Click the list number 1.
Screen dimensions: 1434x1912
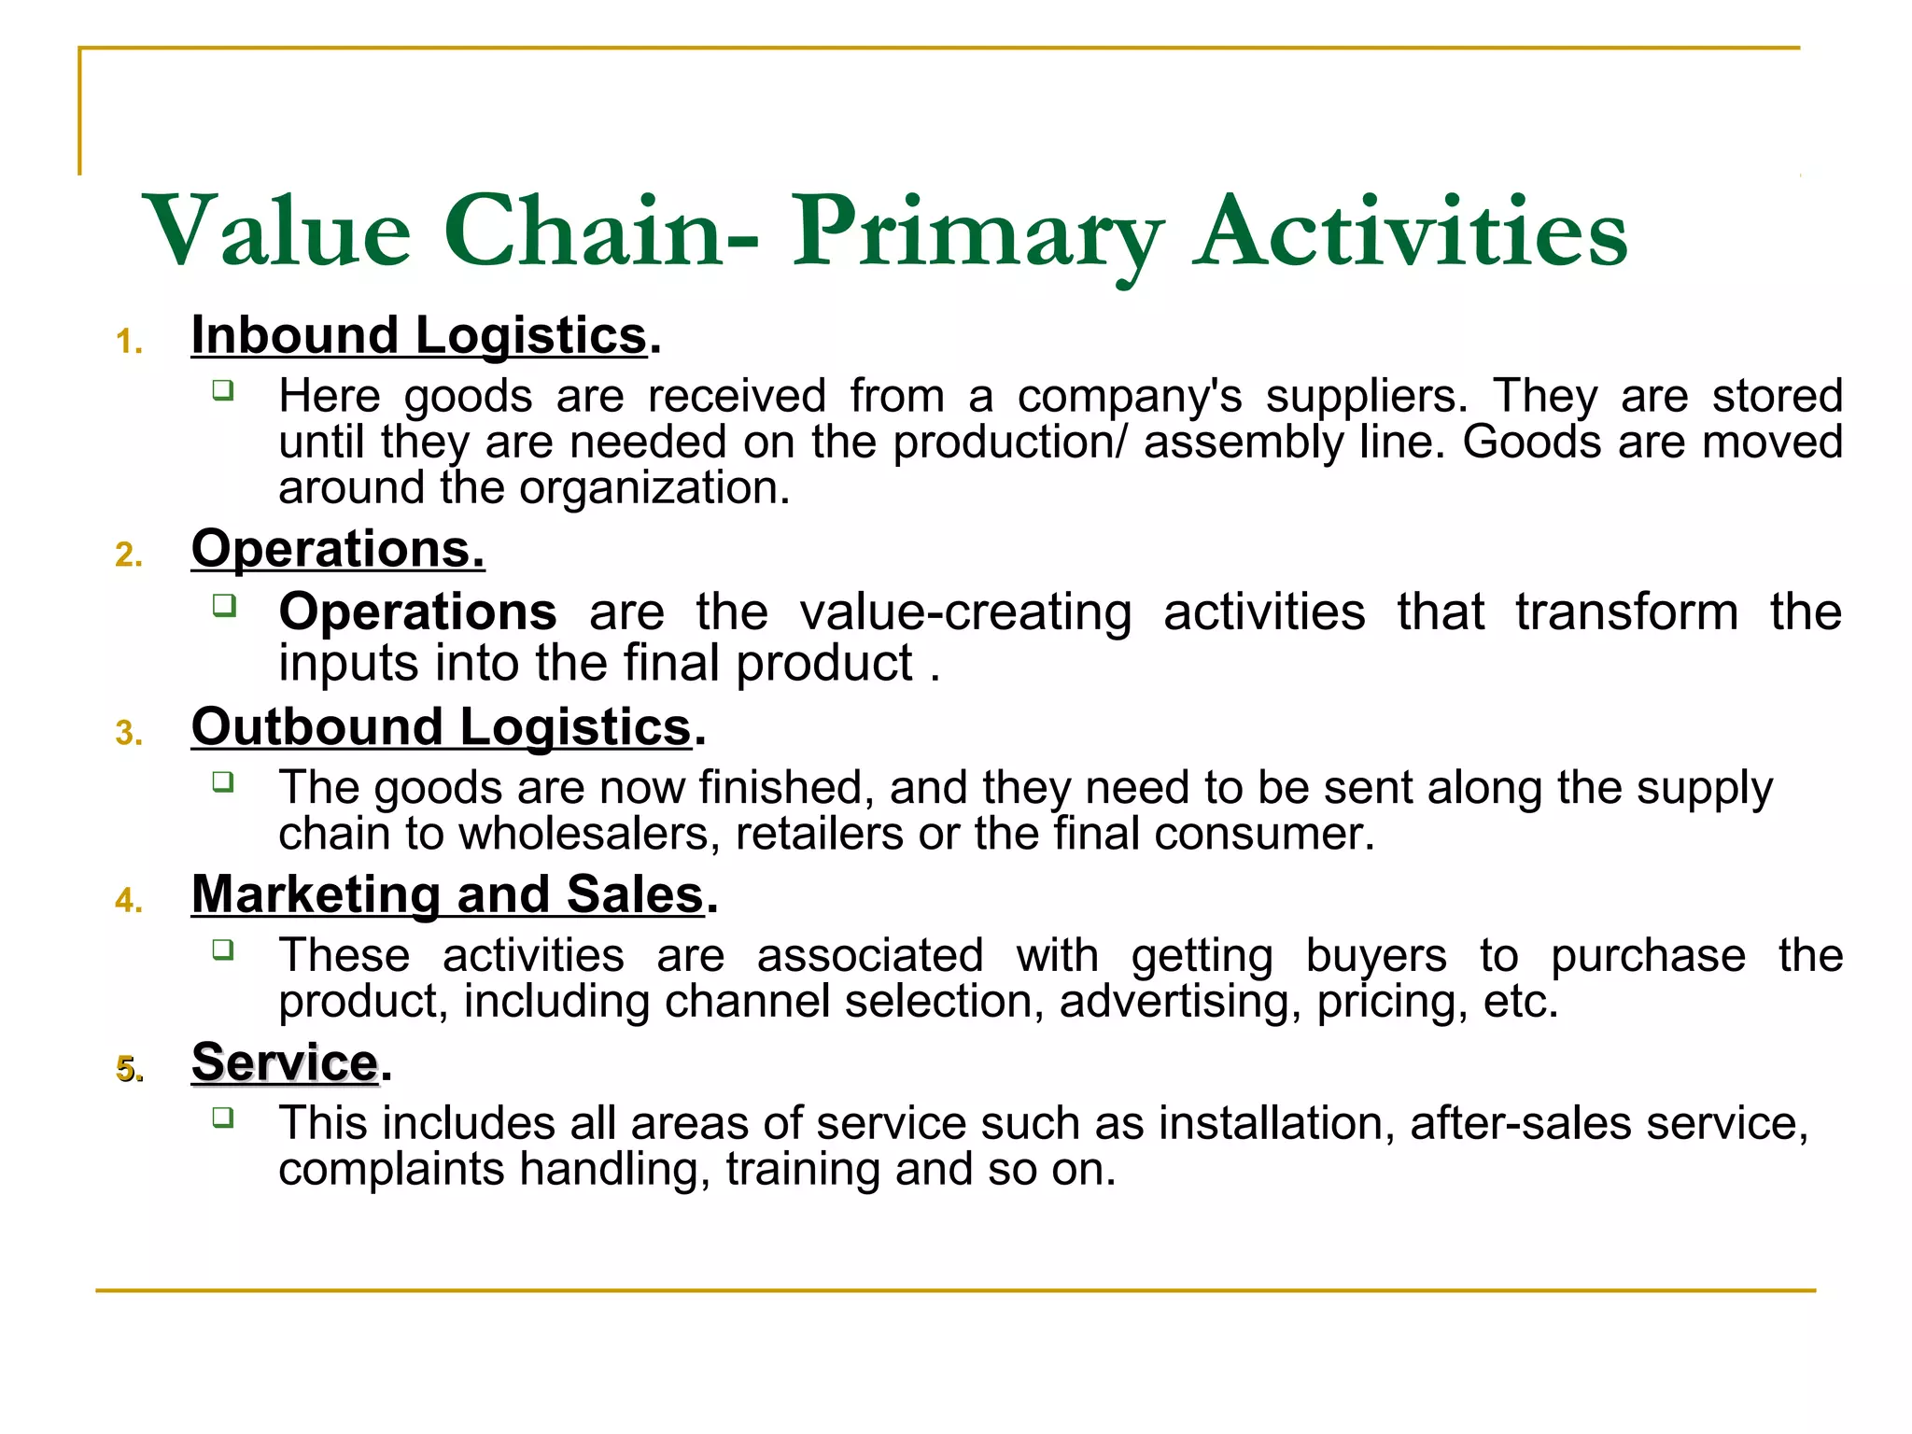click(129, 343)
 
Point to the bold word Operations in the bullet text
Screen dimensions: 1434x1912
click(417, 612)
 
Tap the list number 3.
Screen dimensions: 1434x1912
click(129, 734)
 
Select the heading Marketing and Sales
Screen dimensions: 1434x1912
click(448, 894)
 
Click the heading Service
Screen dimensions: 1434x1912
click(285, 1062)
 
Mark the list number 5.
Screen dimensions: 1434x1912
click(129, 1070)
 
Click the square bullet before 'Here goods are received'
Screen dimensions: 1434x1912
click(222, 389)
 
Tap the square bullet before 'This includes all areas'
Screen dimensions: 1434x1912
click(222, 1117)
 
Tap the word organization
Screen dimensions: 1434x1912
click(654, 488)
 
